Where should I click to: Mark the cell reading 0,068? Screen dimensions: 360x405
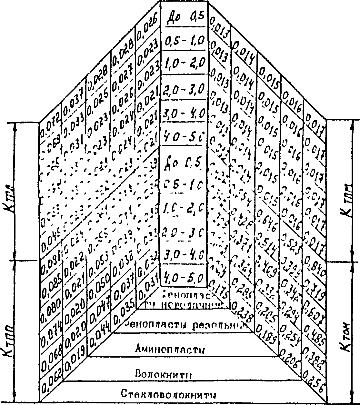coord(51,358)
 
